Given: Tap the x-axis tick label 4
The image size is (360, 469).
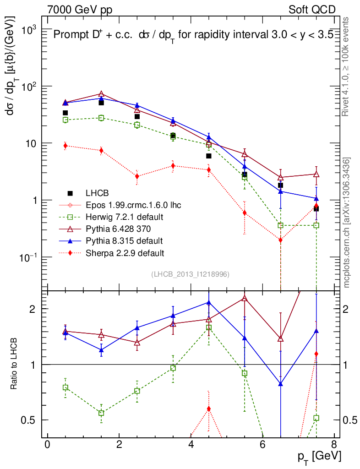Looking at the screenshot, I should tap(191, 445).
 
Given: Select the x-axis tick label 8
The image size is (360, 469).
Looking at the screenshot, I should tap(334, 445).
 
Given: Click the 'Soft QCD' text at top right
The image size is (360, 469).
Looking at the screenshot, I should tap(312, 10).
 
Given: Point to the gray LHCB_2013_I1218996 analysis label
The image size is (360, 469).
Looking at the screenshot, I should tap(190, 274).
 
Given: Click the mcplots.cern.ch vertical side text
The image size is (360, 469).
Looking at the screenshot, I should tap(347, 223).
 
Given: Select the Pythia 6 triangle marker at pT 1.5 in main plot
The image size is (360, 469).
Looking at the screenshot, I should tap(101, 94).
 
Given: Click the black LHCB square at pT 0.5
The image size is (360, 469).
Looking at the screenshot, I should tap(65, 113).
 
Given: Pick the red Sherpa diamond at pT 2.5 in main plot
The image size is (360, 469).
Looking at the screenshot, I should tap(137, 176).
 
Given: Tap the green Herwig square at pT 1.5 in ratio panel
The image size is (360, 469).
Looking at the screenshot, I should tap(101, 413).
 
